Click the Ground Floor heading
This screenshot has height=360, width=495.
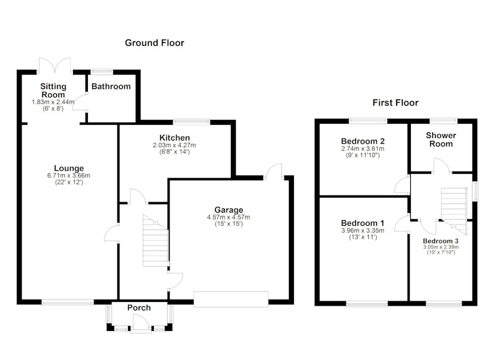(154, 43)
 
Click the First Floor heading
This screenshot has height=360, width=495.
(395, 103)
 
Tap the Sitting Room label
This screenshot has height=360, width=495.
(53, 90)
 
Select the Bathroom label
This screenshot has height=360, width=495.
(111, 87)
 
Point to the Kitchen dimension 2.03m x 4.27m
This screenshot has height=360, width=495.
(174, 145)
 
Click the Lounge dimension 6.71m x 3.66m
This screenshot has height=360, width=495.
(69, 176)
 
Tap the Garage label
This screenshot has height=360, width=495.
(228, 210)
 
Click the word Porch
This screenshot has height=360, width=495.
(139, 307)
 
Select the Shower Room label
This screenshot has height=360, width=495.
(441, 139)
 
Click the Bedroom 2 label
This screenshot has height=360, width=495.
(363, 141)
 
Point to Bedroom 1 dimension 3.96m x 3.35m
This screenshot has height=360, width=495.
(363, 231)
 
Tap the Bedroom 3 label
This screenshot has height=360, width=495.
(441, 241)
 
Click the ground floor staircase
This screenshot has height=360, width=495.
(155, 241)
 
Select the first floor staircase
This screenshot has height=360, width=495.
(454, 210)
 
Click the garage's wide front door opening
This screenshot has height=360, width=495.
(231, 299)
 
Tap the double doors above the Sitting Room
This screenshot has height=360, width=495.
(55, 66)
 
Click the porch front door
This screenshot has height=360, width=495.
(141, 324)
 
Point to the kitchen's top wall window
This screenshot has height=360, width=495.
(191, 122)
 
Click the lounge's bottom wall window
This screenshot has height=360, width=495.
(67, 302)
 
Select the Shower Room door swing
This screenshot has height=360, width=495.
(441, 166)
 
